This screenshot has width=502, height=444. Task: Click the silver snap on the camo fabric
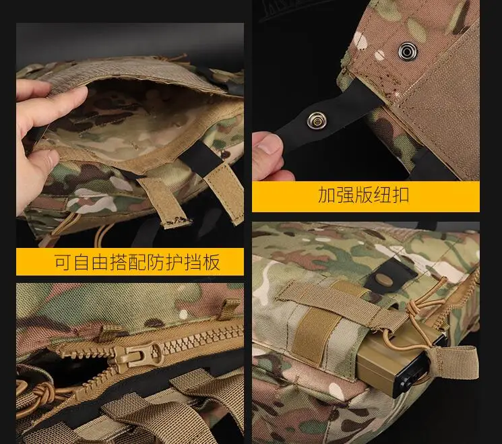pyautogui.click(x=408, y=51)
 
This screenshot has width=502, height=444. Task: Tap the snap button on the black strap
pyautogui.click(x=317, y=120)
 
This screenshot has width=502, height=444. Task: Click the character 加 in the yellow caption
pyautogui.click(x=327, y=195)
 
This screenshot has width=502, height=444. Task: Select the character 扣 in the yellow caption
pyautogui.click(x=400, y=195)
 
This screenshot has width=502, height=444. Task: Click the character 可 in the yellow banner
pyautogui.click(x=63, y=262)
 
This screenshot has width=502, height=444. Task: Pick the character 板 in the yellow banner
pyautogui.click(x=211, y=262)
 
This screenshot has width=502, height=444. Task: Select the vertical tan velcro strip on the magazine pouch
pyautogui.click(x=313, y=337)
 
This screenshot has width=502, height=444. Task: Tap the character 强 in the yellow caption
pyautogui.click(x=345, y=195)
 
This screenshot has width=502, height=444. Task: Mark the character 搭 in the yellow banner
pyautogui.click(x=119, y=262)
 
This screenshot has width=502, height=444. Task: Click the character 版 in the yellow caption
pyautogui.click(x=363, y=195)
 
